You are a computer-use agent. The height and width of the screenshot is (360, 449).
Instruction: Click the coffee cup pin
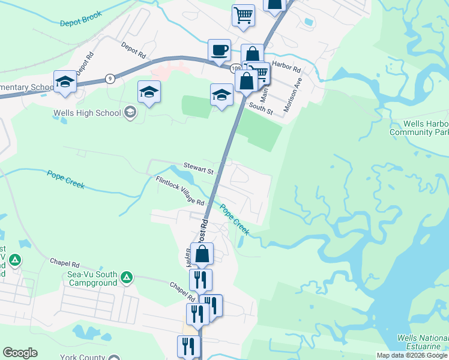point(219,49)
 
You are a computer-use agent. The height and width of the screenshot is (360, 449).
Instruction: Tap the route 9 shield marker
point(109,79)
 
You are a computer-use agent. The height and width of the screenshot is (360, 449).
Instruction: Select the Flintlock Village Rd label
point(180,190)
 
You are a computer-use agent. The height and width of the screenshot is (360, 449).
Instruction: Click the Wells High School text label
point(87,112)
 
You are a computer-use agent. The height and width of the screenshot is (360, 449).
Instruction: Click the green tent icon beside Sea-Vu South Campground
point(126,277)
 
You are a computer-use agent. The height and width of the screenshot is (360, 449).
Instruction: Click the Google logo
point(20,353)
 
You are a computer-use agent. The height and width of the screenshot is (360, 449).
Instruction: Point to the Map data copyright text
point(412,355)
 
